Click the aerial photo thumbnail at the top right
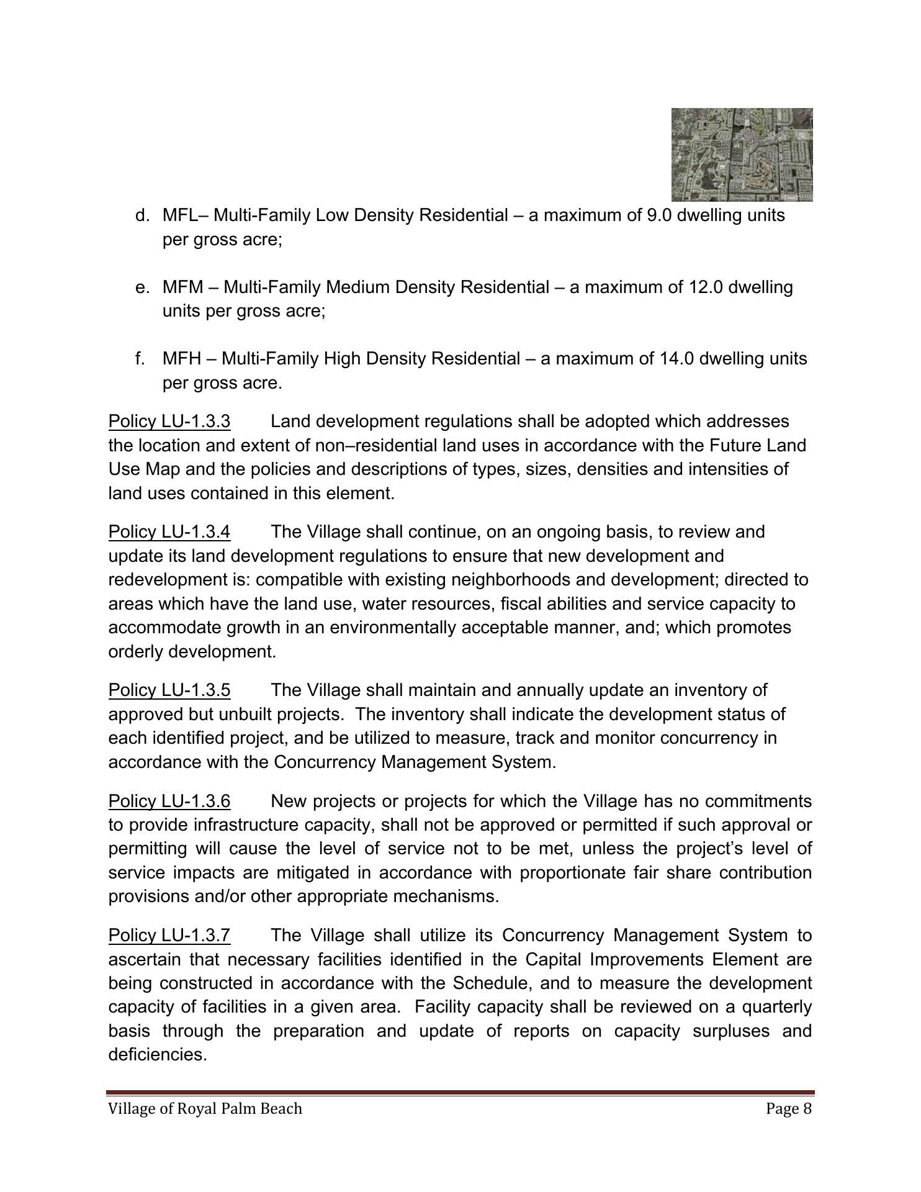tap(742, 155)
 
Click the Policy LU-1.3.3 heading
tap(169, 422)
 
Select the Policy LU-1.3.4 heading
tap(169, 532)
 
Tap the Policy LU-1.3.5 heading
tap(169, 690)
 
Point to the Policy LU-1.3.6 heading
tap(169, 801)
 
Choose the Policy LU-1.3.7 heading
tap(169, 936)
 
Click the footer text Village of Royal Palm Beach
tap(205, 1109)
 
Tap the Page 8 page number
tap(789, 1109)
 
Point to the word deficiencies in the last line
tap(157, 1055)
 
